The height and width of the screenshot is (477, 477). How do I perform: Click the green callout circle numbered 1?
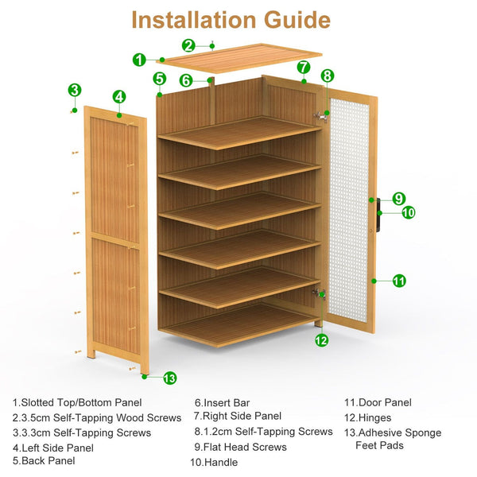(139, 60)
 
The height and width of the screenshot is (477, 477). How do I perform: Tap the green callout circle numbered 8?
(328, 76)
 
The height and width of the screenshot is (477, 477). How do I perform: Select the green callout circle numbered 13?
(170, 378)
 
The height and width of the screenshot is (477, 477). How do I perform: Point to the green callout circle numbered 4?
(119, 97)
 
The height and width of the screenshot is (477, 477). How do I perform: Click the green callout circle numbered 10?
(409, 212)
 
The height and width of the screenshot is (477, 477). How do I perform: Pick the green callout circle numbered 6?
(186, 80)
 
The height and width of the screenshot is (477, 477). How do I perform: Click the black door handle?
(378, 215)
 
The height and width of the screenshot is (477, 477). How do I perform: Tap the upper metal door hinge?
(320, 116)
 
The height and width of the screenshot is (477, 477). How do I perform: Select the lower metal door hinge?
(319, 293)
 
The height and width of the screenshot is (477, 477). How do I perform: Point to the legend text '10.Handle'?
(214, 463)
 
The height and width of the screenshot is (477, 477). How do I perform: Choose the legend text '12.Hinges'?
(368, 417)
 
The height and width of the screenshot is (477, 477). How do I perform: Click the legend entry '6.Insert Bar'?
(222, 403)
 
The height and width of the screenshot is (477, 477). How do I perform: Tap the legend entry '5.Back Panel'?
(44, 460)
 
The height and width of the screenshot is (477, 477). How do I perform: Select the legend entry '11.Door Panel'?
(378, 402)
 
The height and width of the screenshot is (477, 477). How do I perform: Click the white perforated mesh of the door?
(349, 211)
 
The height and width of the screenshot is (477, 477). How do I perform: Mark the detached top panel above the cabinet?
(239, 58)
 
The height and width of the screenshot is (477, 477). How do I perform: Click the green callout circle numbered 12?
(321, 339)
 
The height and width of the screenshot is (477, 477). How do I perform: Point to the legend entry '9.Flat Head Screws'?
(240, 447)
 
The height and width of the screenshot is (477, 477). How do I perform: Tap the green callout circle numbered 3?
(75, 90)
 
